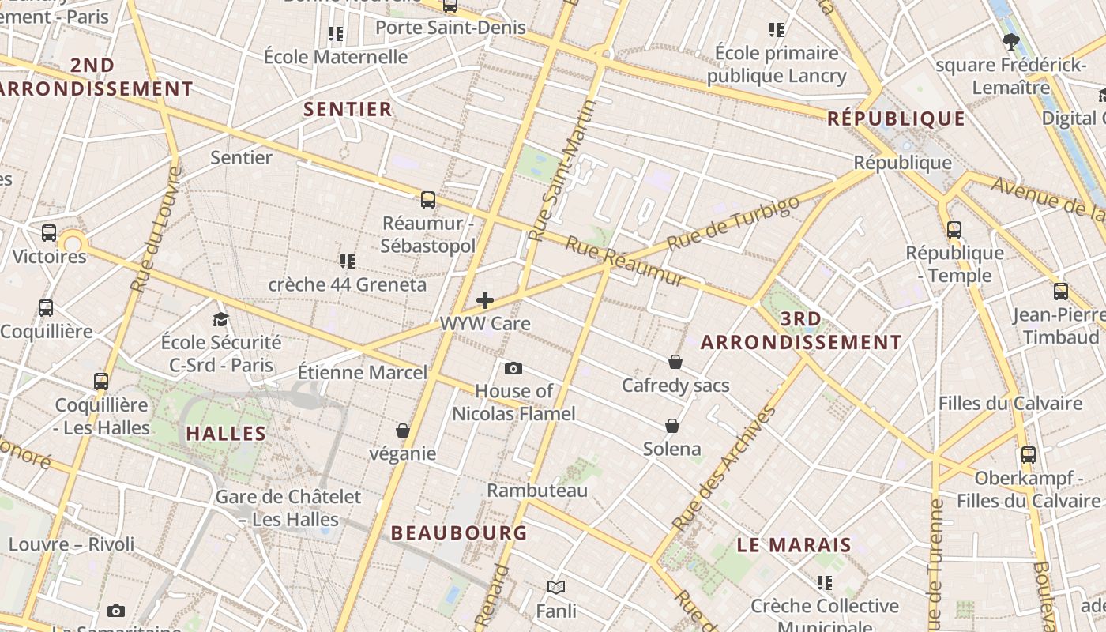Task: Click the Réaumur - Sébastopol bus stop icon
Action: [x=428, y=199]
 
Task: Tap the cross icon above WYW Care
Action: [x=485, y=300]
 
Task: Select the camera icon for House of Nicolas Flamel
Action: [x=513, y=368]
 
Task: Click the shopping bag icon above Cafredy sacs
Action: [x=675, y=362]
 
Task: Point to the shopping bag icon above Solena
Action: [x=672, y=426]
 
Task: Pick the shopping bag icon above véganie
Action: [x=403, y=431]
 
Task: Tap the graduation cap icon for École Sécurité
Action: [x=220, y=319]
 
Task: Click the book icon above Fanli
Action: [x=556, y=588]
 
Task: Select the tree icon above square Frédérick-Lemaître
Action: [x=1010, y=41]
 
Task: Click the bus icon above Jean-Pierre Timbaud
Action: [x=1061, y=291]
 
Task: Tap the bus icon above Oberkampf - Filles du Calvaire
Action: [x=1028, y=455]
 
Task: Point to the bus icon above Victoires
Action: [x=49, y=233]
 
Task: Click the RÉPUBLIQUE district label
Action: [x=896, y=119]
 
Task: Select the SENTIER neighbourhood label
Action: [x=348, y=109]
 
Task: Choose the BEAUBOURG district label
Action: [x=459, y=532]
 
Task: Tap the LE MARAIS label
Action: [x=794, y=544]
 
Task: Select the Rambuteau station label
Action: [x=537, y=491]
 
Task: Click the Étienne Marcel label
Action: [x=362, y=372]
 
